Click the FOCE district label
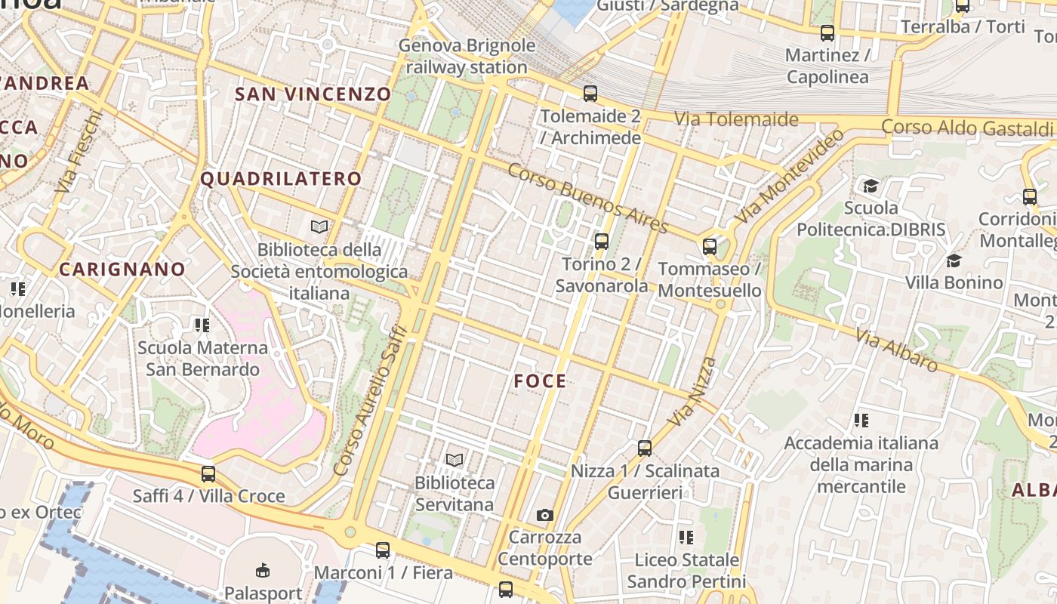point(540,381)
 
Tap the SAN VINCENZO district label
point(313,94)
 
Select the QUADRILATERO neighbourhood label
point(281,179)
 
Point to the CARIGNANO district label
point(122,270)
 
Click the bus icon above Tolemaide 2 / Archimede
point(590,94)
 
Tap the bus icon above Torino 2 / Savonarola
point(601,242)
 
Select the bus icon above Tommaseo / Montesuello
point(709,246)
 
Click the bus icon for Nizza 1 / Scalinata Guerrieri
point(644,448)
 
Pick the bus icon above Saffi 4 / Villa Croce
point(208,474)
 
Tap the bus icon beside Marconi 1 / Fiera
point(383,550)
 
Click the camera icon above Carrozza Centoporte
point(544,516)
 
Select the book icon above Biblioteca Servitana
point(454,460)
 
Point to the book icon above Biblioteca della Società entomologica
point(319,226)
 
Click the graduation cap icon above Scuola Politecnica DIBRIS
point(871,186)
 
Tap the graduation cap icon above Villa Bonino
point(954,261)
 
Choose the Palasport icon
point(263,570)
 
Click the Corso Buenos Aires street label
point(587,198)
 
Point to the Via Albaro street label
point(897,350)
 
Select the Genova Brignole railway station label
point(467,57)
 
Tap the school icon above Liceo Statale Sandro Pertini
point(686,538)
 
